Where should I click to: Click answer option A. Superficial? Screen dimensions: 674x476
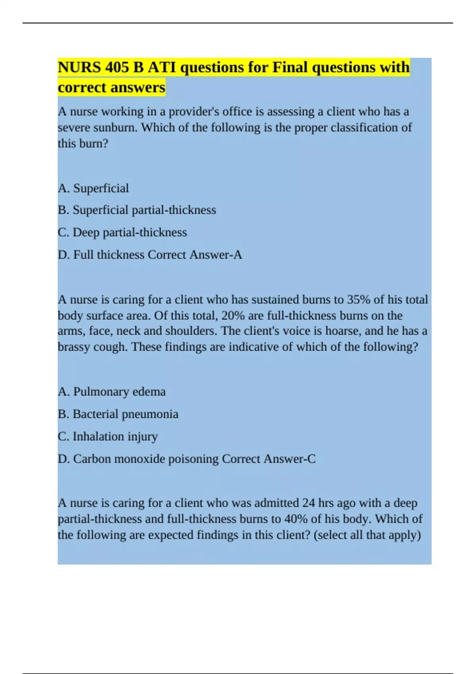[93, 188]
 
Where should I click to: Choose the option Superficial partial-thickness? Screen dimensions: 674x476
[137, 210]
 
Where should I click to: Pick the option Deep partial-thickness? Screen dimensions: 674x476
[122, 232]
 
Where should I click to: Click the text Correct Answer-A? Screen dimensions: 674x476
[194, 255]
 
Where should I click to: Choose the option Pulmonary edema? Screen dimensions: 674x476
[111, 392]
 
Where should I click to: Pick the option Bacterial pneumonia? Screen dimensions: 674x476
[118, 414]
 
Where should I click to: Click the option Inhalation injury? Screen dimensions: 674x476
[107, 437]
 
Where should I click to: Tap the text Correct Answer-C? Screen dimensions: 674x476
[269, 459]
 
